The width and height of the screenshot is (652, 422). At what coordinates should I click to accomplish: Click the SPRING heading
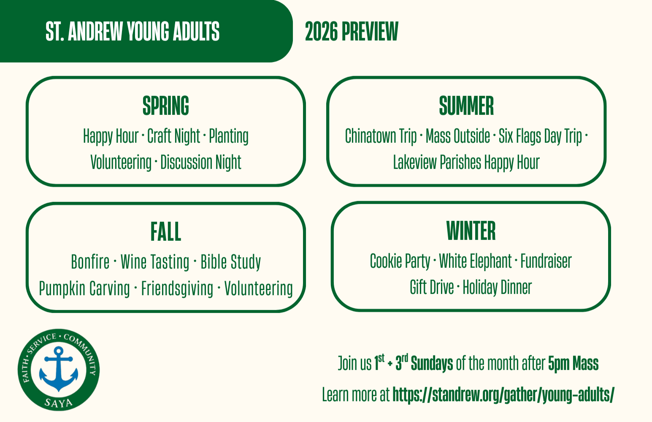[165, 106]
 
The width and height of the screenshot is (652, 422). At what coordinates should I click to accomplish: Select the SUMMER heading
[466, 106]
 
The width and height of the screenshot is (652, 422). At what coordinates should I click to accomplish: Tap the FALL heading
[165, 231]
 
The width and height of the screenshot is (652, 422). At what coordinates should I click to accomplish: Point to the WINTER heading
[471, 231]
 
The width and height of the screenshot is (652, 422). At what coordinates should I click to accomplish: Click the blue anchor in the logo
[59, 369]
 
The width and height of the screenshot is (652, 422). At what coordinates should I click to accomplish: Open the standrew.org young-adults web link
[503, 395]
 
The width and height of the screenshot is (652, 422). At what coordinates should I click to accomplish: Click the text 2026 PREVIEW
[352, 32]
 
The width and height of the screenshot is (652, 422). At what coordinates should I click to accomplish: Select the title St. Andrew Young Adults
[133, 32]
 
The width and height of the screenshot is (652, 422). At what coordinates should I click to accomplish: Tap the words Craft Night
[173, 136]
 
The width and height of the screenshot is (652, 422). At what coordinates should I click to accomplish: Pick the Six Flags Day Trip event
[540, 136]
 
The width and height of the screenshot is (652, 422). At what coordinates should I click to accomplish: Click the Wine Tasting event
[155, 262]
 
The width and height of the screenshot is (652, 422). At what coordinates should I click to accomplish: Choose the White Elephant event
[475, 261]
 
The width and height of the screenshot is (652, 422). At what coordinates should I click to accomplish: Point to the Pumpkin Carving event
[84, 289]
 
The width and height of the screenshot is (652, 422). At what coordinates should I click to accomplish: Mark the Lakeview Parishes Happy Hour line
[466, 162]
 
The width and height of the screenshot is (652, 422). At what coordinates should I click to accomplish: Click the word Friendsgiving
[177, 289]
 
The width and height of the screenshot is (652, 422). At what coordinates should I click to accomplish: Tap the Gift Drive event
[432, 287]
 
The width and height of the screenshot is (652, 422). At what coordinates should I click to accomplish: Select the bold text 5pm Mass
[573, 363]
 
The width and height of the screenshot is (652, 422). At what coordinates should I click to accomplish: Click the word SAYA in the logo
[59, 403]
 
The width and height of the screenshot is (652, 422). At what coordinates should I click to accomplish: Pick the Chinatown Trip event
[381, 136]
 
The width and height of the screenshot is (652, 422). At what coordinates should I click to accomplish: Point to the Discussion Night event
[201, 162]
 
